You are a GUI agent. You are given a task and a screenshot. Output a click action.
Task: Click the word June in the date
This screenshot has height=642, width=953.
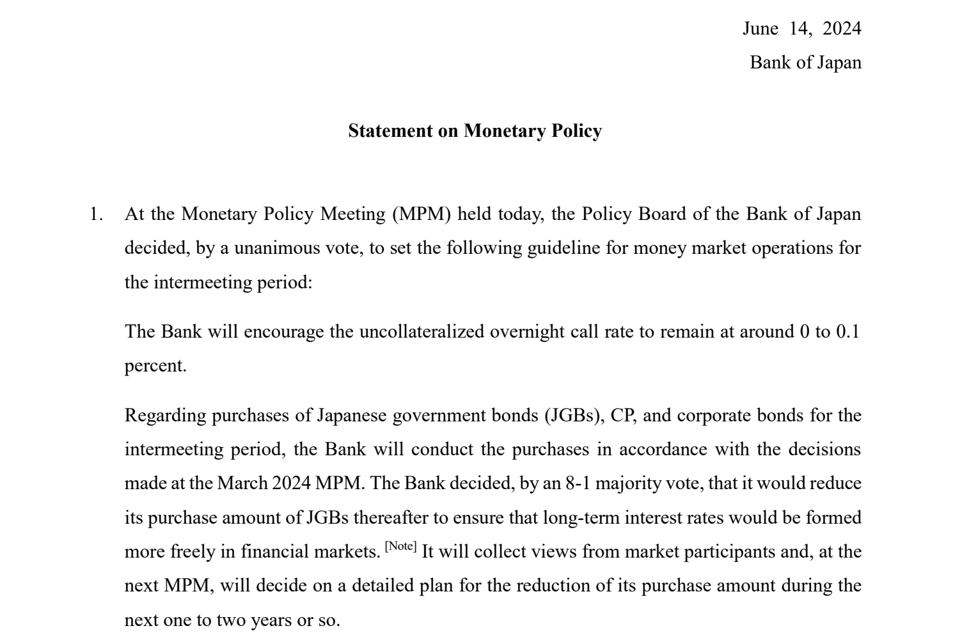760,29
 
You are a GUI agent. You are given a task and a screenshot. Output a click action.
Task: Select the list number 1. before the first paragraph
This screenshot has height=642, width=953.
96,214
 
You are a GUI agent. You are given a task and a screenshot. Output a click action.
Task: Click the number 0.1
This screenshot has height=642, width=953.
847,332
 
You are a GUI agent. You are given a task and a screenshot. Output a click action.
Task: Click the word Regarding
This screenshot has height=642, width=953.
165,416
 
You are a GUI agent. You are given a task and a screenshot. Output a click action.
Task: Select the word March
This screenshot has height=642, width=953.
242,483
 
